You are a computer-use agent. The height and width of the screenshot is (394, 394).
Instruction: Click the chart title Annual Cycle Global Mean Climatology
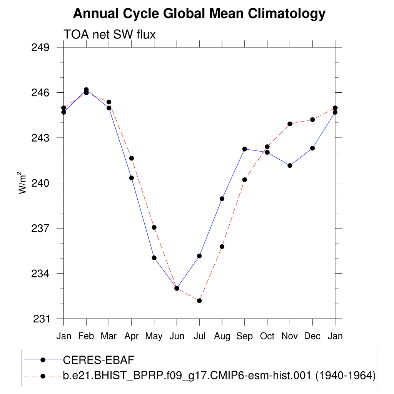coord(199,14)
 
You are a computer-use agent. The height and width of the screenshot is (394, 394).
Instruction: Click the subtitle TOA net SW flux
coord(110,35)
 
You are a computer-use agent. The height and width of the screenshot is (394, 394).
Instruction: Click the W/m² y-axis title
coord(23,183)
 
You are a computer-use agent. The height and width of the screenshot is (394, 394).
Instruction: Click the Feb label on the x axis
coord(86,336)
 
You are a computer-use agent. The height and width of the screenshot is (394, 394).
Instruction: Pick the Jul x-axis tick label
coord(199,336)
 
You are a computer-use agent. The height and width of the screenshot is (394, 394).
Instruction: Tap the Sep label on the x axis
coord(245,336)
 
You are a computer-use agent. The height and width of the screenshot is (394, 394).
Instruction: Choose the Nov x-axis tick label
coord(290,336)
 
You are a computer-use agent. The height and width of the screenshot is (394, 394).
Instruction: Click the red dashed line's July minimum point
coord(199,301)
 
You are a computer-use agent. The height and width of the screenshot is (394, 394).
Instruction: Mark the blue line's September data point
coord(245,149)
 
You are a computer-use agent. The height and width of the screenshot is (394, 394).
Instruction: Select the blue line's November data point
coord(290,165)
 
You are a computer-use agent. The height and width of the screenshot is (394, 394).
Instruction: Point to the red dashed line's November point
coord(290,124)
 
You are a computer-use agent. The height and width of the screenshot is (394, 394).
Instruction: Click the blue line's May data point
coord(154,258)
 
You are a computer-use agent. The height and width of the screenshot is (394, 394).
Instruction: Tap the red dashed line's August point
coord(222,246)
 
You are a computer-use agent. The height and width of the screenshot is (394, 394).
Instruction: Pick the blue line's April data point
coord(132,178)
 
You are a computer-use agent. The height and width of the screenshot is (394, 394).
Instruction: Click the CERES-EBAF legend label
coord(98,360)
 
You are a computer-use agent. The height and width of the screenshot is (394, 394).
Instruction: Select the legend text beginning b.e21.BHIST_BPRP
coord(219,375)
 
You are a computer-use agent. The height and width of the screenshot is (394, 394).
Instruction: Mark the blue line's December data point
coord(312,148)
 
